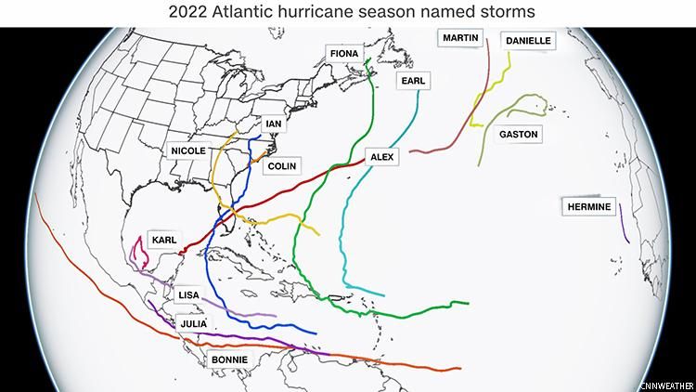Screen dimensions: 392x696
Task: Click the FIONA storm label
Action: coord(344,54)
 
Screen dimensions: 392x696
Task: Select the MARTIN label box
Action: coord(461,38)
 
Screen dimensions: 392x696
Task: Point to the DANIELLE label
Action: coord(526,41)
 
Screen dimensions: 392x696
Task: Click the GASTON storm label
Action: coord(518,135)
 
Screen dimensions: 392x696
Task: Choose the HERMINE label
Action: coord(588,206)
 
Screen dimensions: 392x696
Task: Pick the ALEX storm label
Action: coord(382,157)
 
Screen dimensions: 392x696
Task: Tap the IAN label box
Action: coord(273,124)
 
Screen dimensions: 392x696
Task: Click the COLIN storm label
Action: coord(282,166)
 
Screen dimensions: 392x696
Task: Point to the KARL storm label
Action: coord(163,240)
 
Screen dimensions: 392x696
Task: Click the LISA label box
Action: coord(188,294)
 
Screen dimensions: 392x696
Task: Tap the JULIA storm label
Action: coord(193,323)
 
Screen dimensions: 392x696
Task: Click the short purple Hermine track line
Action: coord(625,228)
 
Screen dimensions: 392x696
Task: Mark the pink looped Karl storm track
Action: coord(140,252)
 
